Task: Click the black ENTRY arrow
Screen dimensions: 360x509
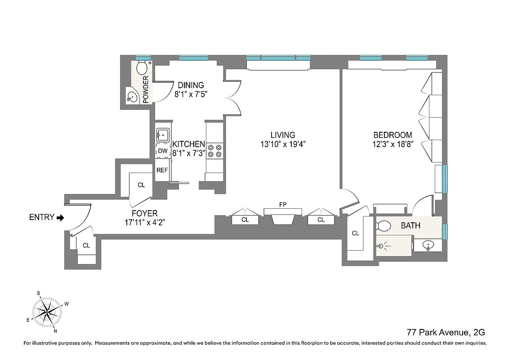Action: click(x=61, y=217)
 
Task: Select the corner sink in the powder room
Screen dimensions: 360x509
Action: click(x=132, y=96)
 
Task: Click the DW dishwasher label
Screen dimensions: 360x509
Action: click(x=162, y=151)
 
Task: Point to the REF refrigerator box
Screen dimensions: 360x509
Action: click(x=162, y=170)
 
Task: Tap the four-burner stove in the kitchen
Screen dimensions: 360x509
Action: click(x=214, y=150)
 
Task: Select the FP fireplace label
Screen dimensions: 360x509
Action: click(x=283, y=205)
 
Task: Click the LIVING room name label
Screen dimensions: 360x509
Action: click(x=283, y=135)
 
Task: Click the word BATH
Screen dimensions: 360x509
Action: click(x=411, y=225)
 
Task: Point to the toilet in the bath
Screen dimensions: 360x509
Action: click(x=384, y=225)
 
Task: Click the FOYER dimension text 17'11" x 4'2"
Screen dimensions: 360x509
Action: click(x=144, y=222)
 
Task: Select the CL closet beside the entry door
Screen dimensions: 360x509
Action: click(x=86, y=246)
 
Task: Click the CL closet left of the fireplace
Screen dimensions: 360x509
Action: click(x=245, y=220)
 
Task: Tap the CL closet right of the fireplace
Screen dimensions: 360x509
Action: click(x=321, y=220)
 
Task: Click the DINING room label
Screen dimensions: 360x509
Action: click(x=191, y=85)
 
